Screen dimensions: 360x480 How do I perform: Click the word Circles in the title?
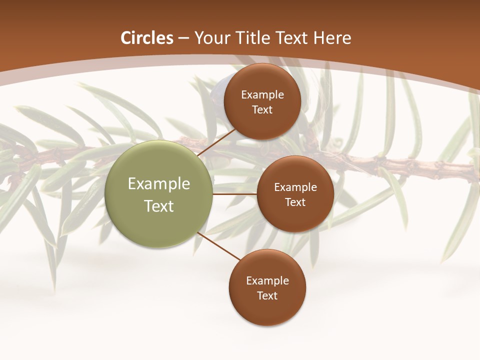coord(146,38)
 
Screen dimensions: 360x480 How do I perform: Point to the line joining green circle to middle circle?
coord(234,194)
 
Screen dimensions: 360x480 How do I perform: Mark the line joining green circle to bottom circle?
coord(219,245)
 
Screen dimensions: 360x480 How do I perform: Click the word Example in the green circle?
coord(159,184)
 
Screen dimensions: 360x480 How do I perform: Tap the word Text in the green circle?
coord(159,206)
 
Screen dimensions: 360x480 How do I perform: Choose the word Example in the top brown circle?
coord(262,95)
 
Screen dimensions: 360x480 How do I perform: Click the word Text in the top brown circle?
coord(262,110)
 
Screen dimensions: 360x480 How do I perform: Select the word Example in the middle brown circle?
coord(295,187)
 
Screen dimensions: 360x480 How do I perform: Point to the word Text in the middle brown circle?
coord(295,202)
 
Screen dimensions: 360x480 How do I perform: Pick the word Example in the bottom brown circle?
coord(267,281)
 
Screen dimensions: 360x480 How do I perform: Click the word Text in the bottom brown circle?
coord(267,296)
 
